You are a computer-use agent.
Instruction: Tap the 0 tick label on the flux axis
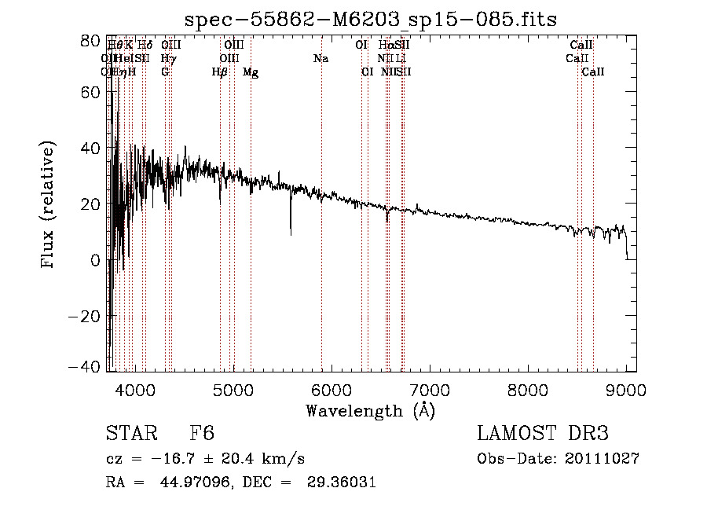coord(96,260)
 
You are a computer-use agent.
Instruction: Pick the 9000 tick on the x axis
coord(626,389)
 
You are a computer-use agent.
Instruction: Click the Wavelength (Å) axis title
coord(370,410)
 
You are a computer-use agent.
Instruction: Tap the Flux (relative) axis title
coord(49,206)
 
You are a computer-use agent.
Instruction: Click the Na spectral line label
coord(321,59)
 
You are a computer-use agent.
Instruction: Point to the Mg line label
coord(251,72)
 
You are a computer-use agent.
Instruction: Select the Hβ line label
coord(220,72)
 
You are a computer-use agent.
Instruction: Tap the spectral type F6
coord(203,434)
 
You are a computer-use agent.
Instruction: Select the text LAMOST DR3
coord(543,434)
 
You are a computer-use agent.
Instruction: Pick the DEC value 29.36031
coord(339,482)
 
